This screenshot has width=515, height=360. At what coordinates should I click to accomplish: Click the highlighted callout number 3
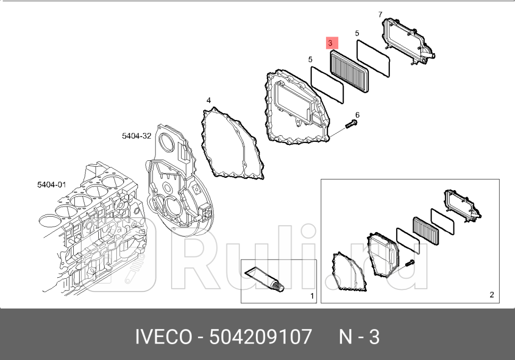[x=330, y=42]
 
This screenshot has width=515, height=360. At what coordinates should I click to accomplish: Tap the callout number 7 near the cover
[x=380, y=15]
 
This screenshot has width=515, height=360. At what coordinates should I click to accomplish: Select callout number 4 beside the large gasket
[x=209, y=100]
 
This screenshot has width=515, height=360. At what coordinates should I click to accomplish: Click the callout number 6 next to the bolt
[x=357, y=115]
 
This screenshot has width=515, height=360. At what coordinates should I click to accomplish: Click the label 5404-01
[x=51, y=185]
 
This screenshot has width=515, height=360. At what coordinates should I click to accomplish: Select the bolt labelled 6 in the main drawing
[x=350, y=125]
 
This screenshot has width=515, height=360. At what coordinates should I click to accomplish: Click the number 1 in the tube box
[x=312, y=296]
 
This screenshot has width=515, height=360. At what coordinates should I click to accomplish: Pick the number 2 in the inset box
[x=492, y=295]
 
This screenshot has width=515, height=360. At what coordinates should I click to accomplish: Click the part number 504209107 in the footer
[x=261, y=337]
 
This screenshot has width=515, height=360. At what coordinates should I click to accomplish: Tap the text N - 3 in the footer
[x=359, y=337]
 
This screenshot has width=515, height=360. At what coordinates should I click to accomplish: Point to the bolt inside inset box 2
[x=409, y=263]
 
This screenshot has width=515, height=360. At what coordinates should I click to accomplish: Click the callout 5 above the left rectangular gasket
[x=311, y=60]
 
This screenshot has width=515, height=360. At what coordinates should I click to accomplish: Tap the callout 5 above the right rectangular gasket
[x=357, y=33]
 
